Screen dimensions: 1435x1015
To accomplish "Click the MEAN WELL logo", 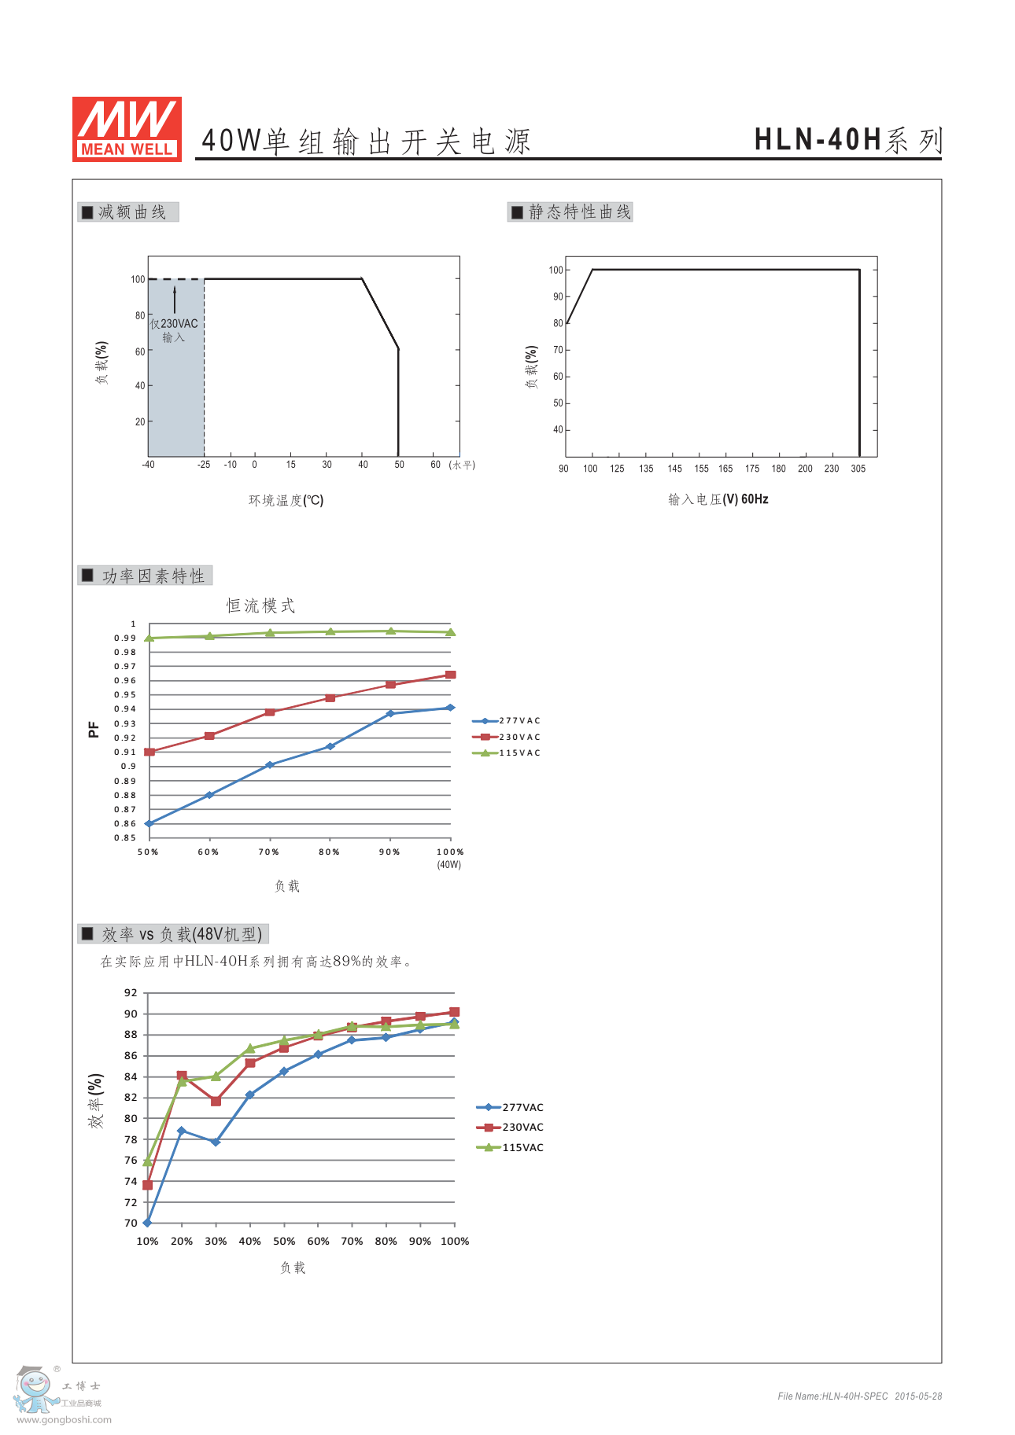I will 127,130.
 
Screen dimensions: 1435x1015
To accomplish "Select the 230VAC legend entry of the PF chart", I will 507,737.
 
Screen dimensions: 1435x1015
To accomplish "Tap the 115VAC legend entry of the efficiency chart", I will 510,1147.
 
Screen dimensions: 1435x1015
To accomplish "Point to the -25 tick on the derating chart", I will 204,465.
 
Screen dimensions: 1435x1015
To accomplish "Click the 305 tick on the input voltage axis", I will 858,469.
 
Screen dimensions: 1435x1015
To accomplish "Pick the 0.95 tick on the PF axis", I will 125,695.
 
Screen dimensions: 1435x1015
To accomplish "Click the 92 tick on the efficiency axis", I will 131,993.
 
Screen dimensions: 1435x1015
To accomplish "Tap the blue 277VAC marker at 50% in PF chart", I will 149,823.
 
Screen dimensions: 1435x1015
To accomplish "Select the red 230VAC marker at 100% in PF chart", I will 451,675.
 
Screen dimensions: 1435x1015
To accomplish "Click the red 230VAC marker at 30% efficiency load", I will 216,1101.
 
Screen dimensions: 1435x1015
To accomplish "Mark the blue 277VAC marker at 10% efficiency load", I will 147,1223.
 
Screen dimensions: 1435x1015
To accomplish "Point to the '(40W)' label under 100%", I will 449,865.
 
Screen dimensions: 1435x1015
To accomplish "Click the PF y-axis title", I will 94,730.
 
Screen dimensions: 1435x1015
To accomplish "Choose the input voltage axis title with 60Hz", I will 718,499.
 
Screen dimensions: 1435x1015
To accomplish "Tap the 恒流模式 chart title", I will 260,605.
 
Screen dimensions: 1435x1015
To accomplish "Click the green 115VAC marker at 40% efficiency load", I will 250,1048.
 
